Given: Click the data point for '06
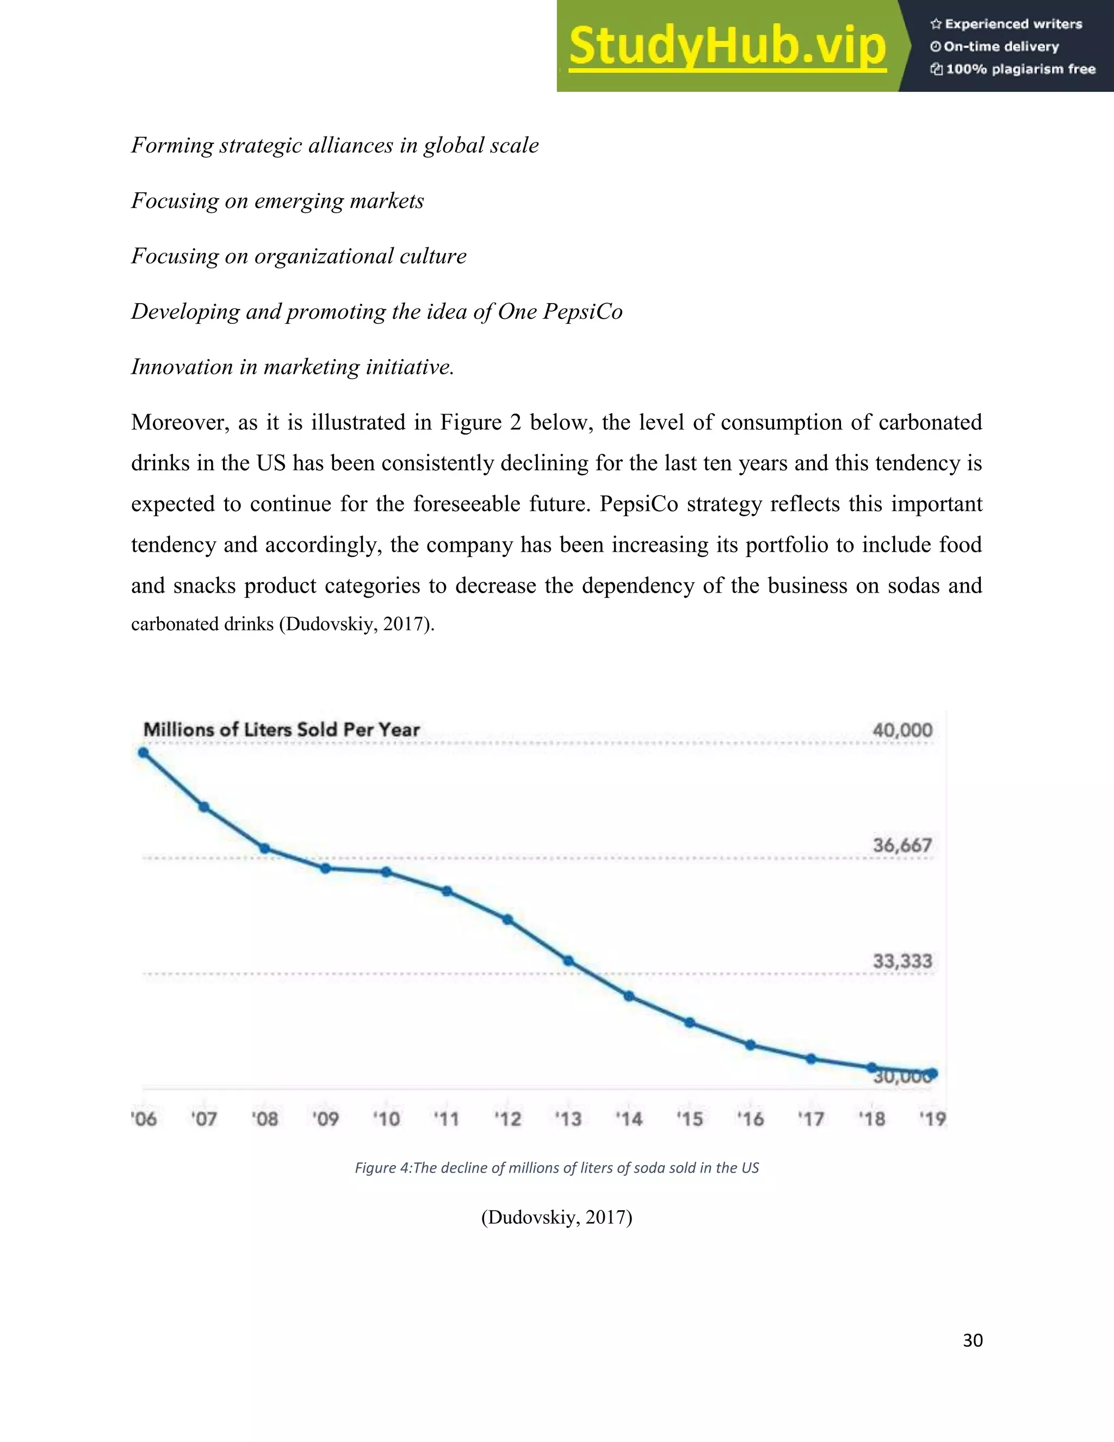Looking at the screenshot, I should click(x=143, y=753).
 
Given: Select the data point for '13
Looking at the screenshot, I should click(x=568, y=960).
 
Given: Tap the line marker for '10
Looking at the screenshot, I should click(x=387, y=872).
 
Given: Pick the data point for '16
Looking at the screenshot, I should click(x=750, y=1045).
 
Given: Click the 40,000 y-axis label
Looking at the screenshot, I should click(x=902, y=730).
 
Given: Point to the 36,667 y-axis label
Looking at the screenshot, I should click(x=902, y=845).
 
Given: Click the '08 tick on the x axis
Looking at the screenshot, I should click(x=265, y=1119).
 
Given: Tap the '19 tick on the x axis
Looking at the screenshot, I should click(x=932, y=1119).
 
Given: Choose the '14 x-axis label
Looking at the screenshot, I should click(x=629, y=1119).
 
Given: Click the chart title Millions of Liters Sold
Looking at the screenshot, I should click(x=281, y=730).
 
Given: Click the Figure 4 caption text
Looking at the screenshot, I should click(x=556, y=1168).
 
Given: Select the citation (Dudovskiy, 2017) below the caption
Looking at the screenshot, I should click(x=556, y=1217).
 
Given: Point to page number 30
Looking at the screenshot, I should click(x=973, y=1340).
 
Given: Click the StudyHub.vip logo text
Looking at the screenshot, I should click(x=727, y=46).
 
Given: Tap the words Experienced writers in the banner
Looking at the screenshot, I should click(x=1013, y=24).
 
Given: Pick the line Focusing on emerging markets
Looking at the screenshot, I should click(x=277, y=201).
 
